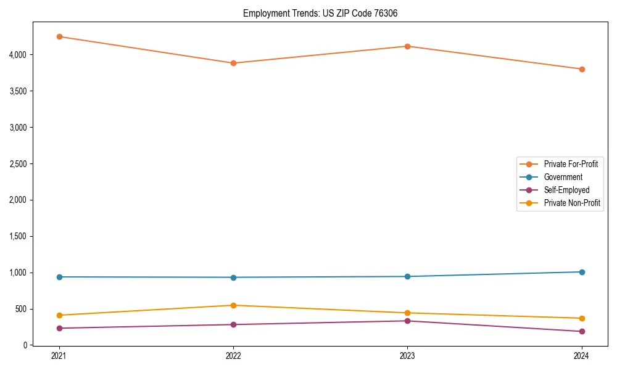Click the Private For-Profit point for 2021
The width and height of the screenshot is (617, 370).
(59, 36)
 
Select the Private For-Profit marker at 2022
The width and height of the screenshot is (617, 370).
(233, 63)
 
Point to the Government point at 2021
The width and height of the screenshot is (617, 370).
(59, 277)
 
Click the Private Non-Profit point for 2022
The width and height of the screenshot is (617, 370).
(233, 305)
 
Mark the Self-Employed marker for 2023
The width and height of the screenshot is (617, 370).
(407, 321)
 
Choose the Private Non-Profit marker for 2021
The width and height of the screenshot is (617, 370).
(59, 315)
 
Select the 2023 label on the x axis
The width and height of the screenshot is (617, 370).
(407, 356)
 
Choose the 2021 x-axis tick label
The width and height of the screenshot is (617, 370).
(59, 356)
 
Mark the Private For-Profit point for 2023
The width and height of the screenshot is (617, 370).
(407, 46)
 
